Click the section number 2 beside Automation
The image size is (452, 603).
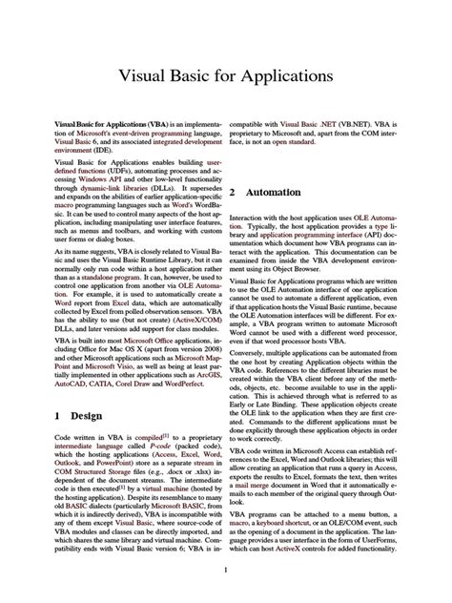click(233, 192)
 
